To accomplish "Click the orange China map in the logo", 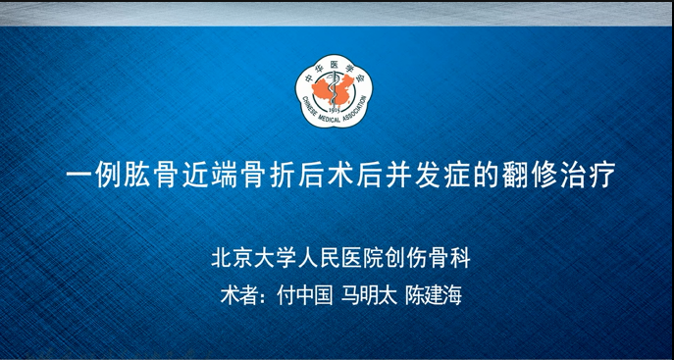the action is click(x=334, y=89).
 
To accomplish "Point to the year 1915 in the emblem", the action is click(x=334, y=110).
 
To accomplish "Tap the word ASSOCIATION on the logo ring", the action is click(x=355, y=109).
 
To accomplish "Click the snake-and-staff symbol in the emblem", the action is click(x=333, y=91).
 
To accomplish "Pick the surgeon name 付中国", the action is click(x=305, y=295).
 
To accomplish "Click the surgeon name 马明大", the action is click(x=369, y=295).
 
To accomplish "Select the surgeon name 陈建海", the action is click(x=434, y=295).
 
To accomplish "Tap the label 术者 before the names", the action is click(x=238, y=295).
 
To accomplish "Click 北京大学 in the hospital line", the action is click(x=254, y=258).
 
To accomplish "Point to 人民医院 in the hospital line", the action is click(x=339, y=258).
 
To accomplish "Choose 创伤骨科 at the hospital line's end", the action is click(x=427, y=258).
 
